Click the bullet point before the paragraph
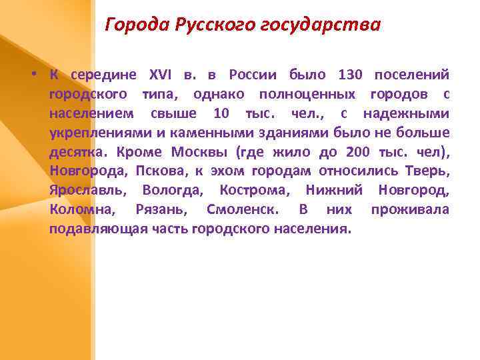(x=32, y=73)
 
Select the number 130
(x=351, y=74)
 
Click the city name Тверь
(x=431, y=171)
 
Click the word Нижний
(x=334, y=190)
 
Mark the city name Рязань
(x=161, y=209)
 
